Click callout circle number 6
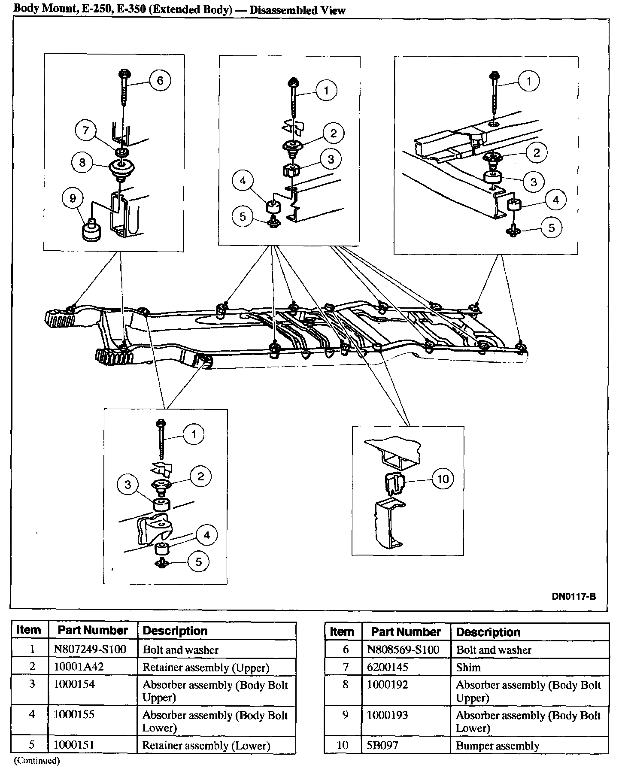tap(160, 81)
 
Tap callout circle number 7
tap(85, 131)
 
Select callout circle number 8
tap(82, 163)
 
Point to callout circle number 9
tap(73, 198)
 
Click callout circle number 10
tap(443, 479)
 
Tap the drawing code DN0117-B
tap(573, 596)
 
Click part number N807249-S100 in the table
tap(90, 649)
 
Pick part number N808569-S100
tap(403, 649)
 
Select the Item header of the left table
tap(29, 630)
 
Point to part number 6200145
tap(388, 667)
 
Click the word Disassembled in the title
tap(281, 10)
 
